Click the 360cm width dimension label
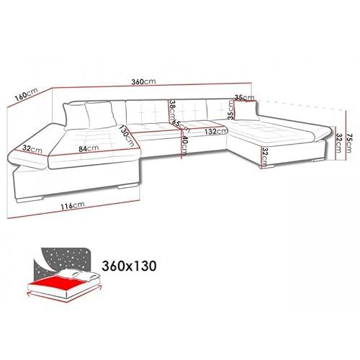click(x=143, y=81)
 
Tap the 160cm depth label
click(x=26, y=95)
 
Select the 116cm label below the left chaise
click(x=72, y=205)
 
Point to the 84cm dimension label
click(x=89, y=148)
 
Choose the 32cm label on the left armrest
click(x=32, y=149)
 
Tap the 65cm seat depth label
click(x=181, y=125)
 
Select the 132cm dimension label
click(x=216, y=131)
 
